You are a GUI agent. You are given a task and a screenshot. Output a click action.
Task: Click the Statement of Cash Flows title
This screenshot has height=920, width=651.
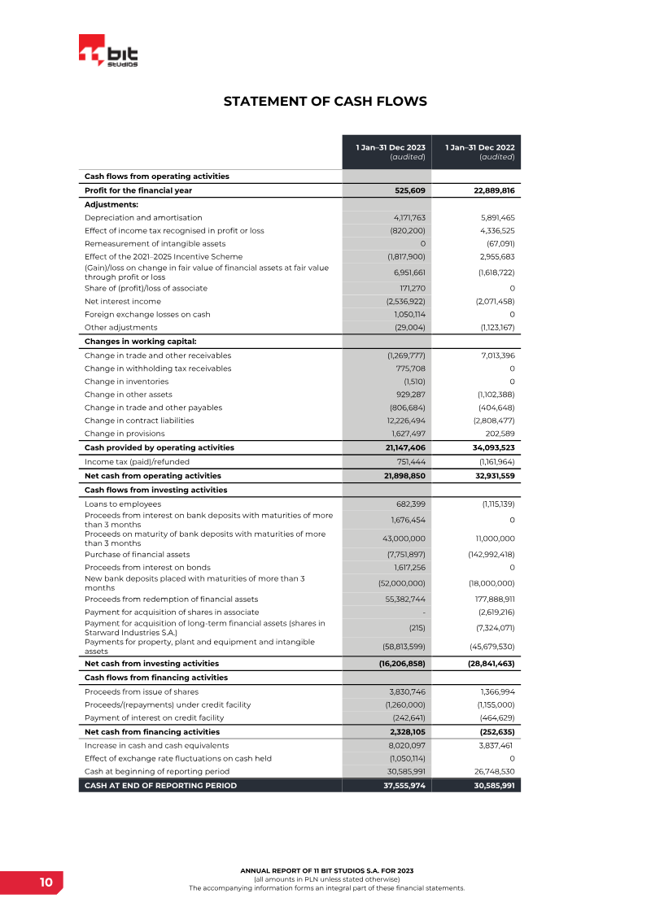click(325, 102)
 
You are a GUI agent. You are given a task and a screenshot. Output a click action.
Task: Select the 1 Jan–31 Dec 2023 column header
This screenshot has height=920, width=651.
click(387, 151)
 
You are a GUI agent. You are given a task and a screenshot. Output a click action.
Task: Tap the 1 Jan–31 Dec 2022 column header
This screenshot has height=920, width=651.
click(476, 151)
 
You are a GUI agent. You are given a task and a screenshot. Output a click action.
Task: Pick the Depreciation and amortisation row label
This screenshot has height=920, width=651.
click(143, 218)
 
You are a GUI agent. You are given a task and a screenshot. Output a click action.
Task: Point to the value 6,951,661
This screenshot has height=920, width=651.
click(405, 273)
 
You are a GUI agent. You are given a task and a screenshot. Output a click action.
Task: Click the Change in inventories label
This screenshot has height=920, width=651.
click(126, 382)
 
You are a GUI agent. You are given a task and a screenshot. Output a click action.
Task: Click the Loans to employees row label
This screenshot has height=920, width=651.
click(123, 504)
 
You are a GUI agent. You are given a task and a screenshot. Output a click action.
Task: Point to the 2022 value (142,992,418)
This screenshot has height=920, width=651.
click(487, 555)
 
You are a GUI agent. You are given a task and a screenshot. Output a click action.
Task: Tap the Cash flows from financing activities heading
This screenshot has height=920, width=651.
click(155, 678)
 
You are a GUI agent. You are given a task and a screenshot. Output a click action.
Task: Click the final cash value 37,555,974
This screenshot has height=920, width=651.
click(404, 786)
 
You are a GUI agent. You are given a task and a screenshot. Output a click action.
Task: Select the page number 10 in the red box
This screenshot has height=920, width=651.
click(46, 883)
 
